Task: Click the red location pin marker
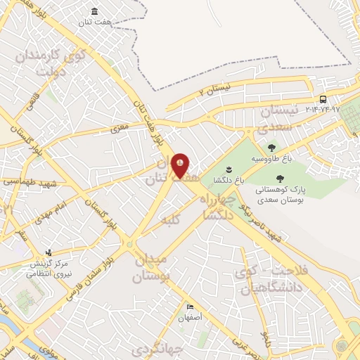[181, 165]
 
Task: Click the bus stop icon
[323, 99]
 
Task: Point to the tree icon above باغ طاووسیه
[271, 147]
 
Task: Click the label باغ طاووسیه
[271, 157]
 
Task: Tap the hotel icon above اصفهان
[190, 307]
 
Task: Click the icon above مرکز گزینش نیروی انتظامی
[48, 252]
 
